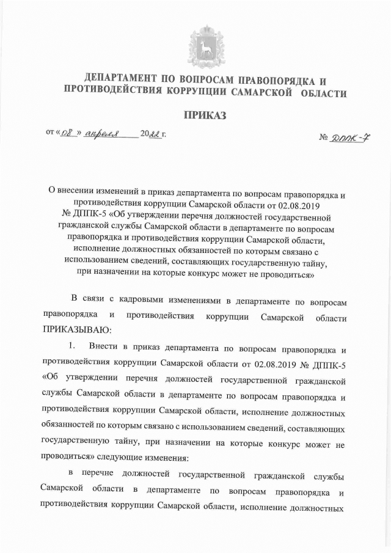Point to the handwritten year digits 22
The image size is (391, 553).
coord(155,133)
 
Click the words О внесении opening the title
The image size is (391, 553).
coord(71,189)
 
